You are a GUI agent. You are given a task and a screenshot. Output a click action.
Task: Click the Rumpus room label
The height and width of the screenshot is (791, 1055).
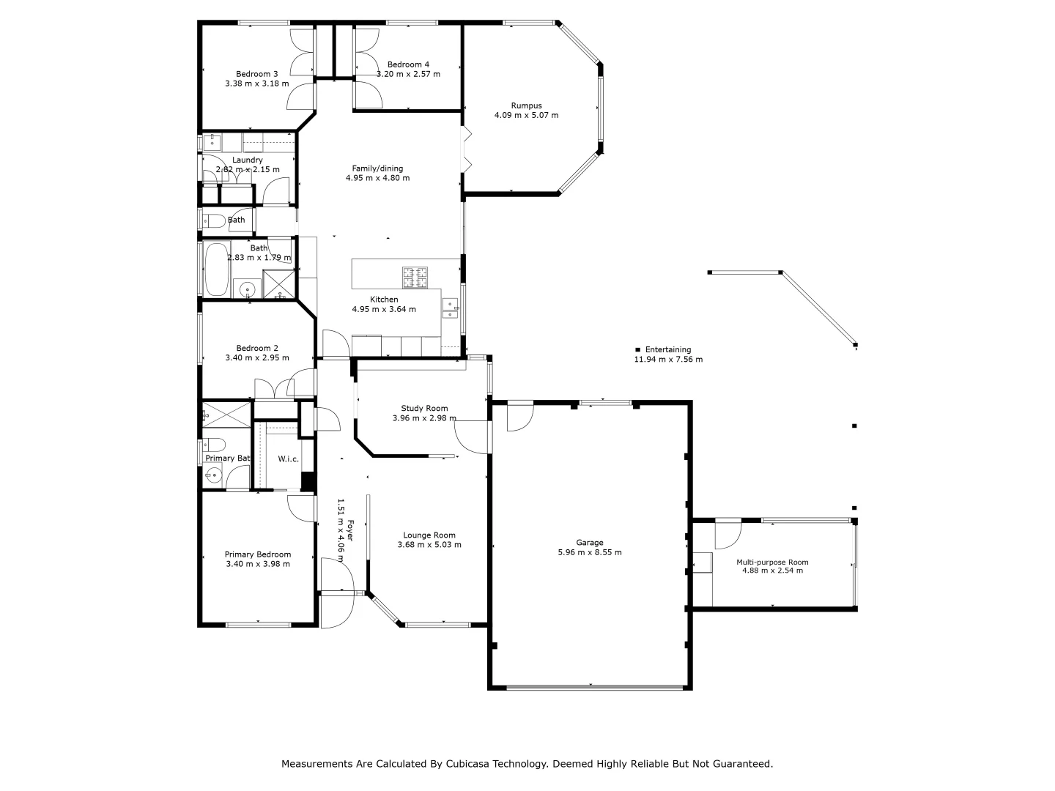[x=526, y=105]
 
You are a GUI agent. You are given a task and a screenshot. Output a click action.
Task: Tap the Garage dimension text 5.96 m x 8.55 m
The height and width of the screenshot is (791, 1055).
[x=589, y=552]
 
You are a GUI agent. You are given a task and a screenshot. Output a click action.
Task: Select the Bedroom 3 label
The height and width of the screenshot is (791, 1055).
[x=256, y=74]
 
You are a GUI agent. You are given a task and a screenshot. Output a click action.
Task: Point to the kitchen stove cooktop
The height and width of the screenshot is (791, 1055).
[x=415, y=277]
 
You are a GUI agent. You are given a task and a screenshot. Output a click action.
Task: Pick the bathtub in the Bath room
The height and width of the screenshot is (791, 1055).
[x=215, y=268]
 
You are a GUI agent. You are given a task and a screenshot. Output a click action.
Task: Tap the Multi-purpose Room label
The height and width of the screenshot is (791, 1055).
[x=772, y=562]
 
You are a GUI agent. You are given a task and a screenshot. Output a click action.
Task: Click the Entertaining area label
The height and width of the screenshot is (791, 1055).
[x=667, y=350]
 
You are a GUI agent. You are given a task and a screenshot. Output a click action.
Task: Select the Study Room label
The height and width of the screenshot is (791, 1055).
[x=424, y=409]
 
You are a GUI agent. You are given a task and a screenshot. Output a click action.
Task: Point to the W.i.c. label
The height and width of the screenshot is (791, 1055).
[x=288, y=459]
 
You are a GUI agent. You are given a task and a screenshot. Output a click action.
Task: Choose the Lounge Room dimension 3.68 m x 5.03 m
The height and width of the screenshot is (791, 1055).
[x=429, y=545]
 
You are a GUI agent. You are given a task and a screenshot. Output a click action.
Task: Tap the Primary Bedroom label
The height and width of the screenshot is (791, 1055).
[x=257, y=554]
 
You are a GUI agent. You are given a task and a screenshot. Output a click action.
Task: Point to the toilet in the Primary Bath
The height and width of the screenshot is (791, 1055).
[x=213, y=444]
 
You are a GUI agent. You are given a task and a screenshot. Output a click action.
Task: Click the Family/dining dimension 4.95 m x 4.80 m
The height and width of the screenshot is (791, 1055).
[x=377, y=178]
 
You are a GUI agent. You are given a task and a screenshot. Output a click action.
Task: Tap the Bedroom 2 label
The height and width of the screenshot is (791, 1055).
[x=256, y=349]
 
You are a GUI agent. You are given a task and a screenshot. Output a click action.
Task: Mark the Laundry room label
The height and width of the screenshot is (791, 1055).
[x=247, y=160]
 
